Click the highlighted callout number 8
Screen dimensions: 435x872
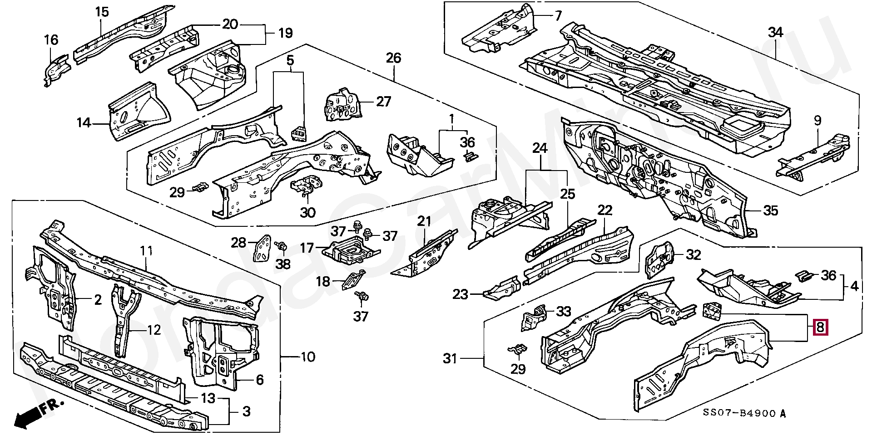820,327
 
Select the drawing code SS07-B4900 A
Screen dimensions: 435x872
743,413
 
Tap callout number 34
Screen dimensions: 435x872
776,33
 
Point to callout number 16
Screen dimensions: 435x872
51,40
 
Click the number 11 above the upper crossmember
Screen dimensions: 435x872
146,251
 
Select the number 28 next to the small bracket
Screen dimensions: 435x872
238,243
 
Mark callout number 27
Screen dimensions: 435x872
383,101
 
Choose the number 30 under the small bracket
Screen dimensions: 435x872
308,212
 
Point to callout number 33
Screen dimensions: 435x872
564,311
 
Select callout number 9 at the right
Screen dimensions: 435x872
817,121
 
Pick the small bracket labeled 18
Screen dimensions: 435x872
354,280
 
